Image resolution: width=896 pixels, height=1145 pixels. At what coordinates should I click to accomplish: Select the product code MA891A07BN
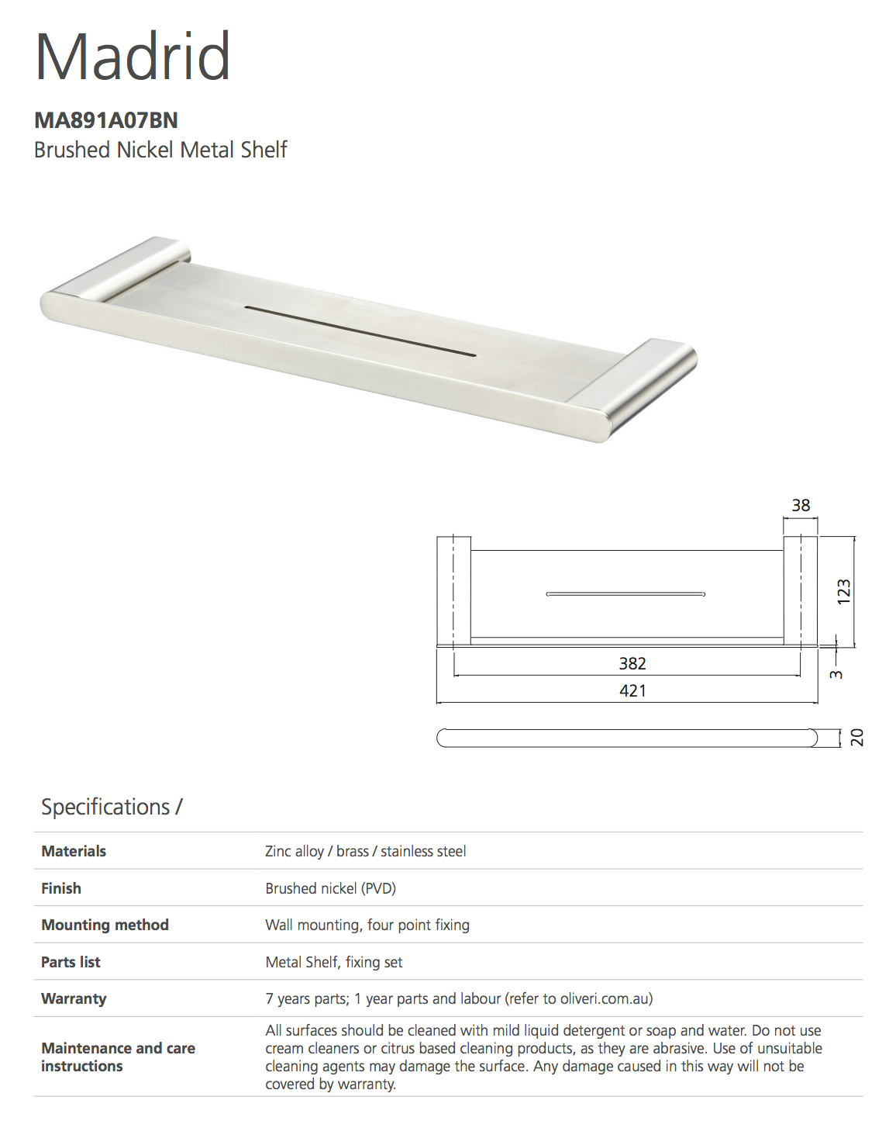click(106, 120)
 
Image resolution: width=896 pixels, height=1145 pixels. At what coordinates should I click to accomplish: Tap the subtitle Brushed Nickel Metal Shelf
click(160, 150)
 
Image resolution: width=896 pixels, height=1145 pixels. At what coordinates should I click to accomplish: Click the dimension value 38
click(801, 506)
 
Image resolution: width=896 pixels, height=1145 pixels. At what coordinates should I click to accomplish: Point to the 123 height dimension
click(844, 591)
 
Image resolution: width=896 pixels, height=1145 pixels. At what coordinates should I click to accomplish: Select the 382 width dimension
click(632, 663)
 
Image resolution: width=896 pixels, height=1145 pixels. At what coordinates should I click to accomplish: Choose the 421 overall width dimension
click(632, 690)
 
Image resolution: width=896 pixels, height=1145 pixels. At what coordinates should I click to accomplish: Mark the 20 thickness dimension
click(856, 738)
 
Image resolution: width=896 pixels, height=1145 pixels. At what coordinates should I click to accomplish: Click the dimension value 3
click(836, 674)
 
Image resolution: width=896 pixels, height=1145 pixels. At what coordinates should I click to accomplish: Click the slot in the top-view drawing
click(625, 594)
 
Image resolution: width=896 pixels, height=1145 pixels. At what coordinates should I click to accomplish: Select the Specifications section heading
click(112, 808)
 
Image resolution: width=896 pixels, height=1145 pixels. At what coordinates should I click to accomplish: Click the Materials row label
click(74, 851)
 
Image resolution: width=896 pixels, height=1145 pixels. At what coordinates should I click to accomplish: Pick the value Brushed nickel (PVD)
click(331, 888)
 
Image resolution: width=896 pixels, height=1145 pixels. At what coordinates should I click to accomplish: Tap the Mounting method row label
click(105, 925)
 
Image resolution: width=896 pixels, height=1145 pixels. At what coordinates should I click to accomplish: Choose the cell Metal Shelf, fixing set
click(334, 962)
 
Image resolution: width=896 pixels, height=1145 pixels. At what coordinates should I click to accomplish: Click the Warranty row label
click(74, 998)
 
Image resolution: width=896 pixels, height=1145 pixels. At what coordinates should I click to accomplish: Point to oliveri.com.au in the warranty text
click(604, 998)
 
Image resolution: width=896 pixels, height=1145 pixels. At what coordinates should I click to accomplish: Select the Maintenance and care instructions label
click(118, 1057)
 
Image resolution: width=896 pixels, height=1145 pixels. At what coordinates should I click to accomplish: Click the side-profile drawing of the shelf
click(626, 738)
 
